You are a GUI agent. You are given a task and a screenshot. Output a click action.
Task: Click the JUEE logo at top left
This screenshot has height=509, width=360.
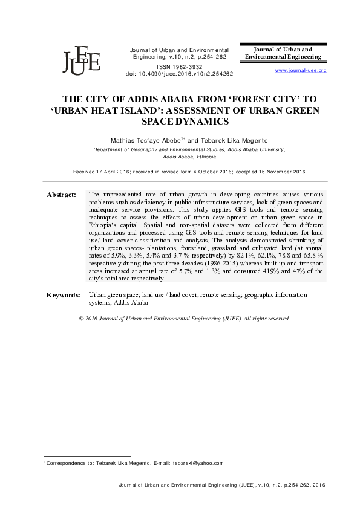pyautogui.click(x=81, y=59)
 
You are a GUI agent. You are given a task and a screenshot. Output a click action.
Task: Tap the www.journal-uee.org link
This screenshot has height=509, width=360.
pyautogui.click(x=301, y=71)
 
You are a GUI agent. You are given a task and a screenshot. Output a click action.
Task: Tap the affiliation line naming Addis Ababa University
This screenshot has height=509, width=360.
pyautogui.click(x=188, y=149)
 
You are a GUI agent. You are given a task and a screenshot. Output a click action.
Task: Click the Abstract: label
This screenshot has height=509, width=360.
pyautogui.click(x=61, y=195)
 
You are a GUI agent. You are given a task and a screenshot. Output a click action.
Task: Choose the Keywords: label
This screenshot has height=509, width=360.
pyautogui.click(x=64, y=295)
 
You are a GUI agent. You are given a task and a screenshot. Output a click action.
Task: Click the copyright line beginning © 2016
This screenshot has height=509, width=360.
pyautogui.click(x=185, y=319)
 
